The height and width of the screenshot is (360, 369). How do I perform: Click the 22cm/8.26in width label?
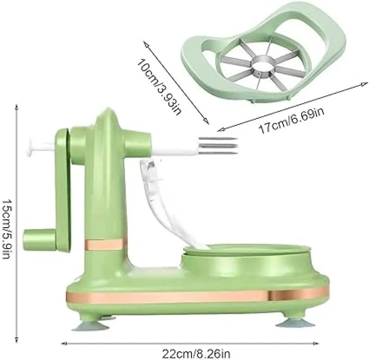pyautogui.click(x=196, y=354)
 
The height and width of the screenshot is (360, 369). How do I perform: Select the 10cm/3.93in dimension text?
pyautogui.click(x=159, y=87)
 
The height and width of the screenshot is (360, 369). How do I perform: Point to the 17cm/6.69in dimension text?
pyautogui.click(x=291, y=121)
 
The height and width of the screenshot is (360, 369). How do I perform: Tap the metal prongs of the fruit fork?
pyautogui.click(x=218, y=146)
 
